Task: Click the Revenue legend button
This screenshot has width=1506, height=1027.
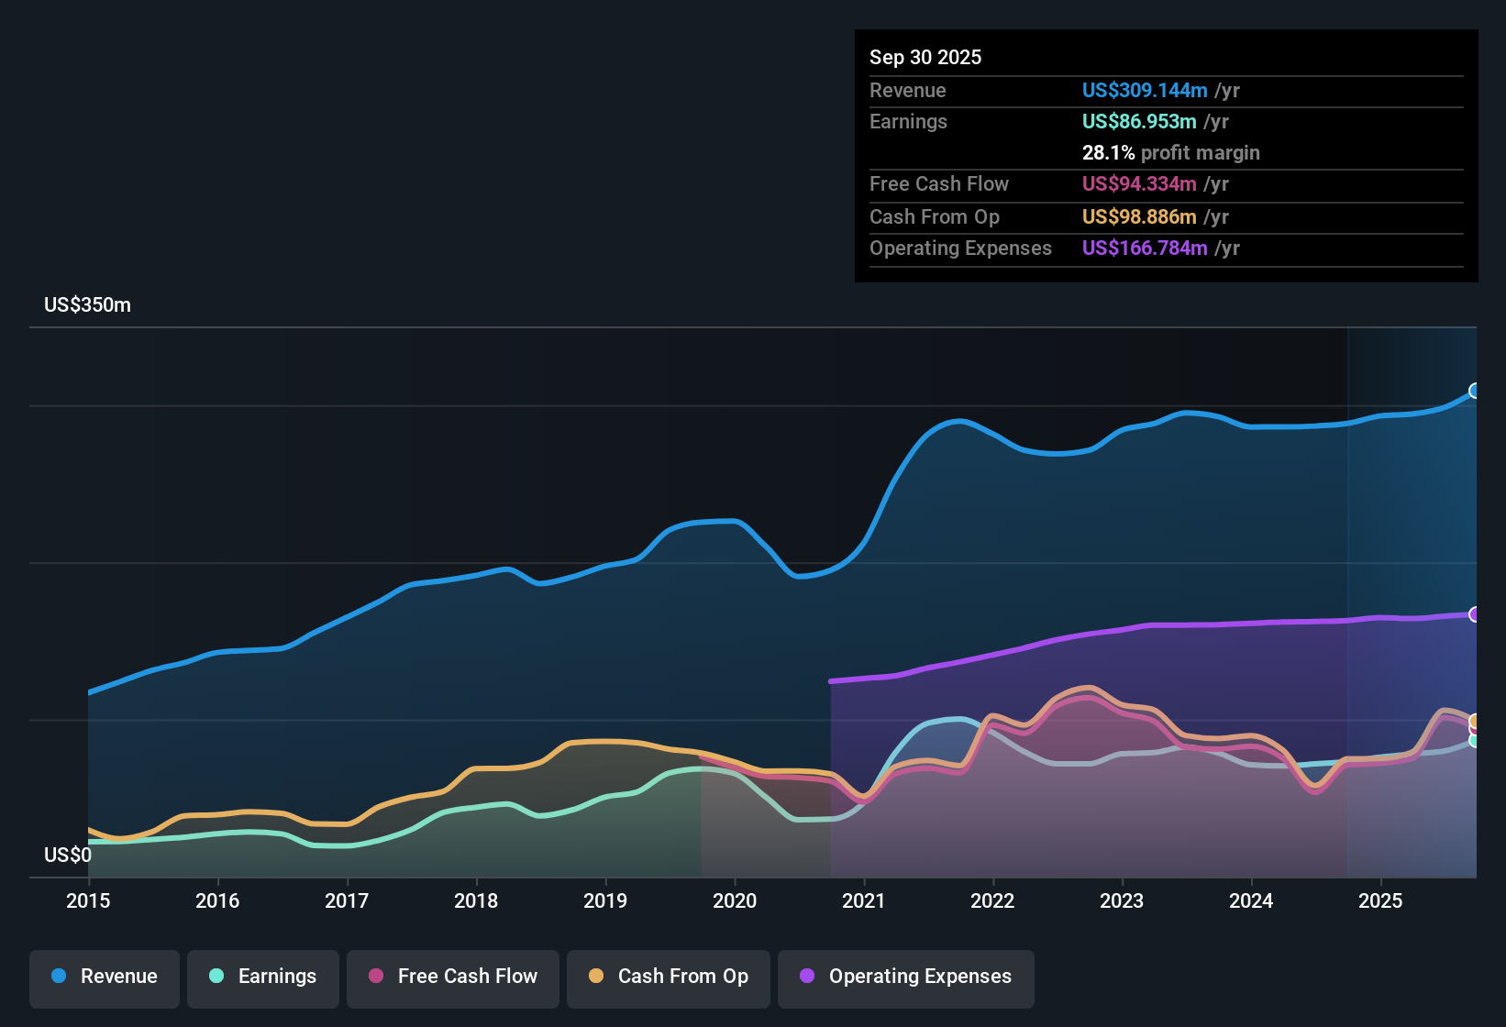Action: click(105, 977)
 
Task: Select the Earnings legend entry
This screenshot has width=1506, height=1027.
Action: click(263, 977)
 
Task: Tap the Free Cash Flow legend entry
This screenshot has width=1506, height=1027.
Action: click(453, 977)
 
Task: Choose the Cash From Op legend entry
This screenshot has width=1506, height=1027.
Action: click(669, 977)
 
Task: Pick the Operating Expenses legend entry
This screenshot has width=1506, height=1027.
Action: click(906, 977)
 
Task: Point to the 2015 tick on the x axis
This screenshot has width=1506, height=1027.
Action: click(88, 900)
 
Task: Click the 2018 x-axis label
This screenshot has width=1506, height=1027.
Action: click(476, 900)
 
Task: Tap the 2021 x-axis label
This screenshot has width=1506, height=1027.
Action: click(863, 900)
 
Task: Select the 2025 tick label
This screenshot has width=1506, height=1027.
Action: click(1379, 900)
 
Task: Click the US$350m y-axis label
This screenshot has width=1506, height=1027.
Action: click(87, 305)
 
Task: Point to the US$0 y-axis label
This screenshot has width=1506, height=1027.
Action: click(68, 856)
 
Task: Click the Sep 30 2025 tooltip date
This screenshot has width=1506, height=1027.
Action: click(925, 57)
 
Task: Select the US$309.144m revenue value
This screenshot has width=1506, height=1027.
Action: click(1145, 90)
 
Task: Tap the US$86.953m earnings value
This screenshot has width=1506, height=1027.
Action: click(1139, 121)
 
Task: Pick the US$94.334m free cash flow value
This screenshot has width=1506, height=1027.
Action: click(1139, 183)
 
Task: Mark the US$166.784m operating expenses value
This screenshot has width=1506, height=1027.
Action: click(1145, 248)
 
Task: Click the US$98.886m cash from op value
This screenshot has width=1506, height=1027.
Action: click(1139, 216)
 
